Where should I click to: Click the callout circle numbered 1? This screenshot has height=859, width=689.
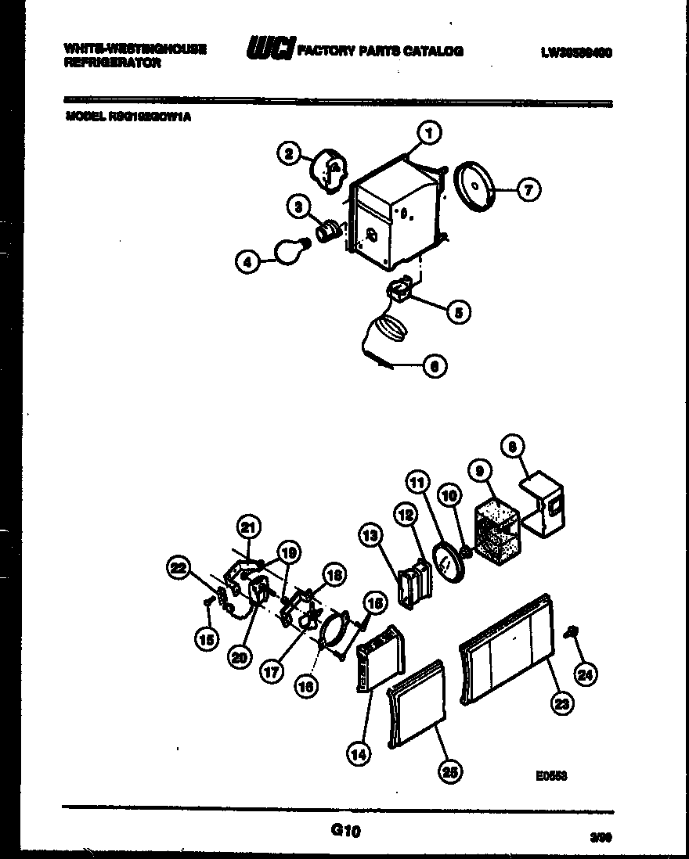pyautogui.click(x=428, y=133)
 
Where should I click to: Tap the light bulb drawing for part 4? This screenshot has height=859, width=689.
pyautogui.click(x=290, y=251)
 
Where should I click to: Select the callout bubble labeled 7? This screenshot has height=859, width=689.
pyautogui.click(x=528, y=189)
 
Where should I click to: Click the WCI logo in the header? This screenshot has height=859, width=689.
pyautogui.click(x=270, y=50)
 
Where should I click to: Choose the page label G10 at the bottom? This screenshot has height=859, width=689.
pyautogui.click(x=344, y=832)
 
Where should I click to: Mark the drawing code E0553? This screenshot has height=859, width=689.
pyautogui.click(x=551, y=776)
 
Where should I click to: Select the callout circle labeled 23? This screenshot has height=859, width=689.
pyautogui.click(x=561, y=703)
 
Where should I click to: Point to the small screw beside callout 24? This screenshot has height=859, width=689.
pyautogui.click(x=574, y=631)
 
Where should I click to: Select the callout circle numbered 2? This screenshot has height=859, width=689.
pyautogui.click(x=289, y=154)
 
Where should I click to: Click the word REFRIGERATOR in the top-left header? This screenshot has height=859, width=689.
pyautogui.click(x=114, y=63)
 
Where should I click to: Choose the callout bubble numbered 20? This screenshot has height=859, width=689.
pyautogui.click(x=240, y=658)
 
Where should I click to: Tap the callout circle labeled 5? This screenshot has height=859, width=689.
pyautogui.click(x=457, y=312)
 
